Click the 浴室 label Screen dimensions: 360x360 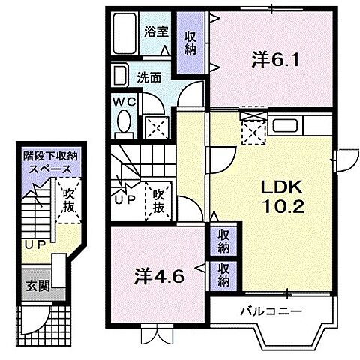pyautogui.click(x=156, y=32)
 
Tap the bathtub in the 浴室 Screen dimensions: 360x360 pyautogui.click(x=124, y=35)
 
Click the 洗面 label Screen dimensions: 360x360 pyautogui.click(x=149, y=76)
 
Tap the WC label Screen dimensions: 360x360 pyautogui.click(x=124, y=101)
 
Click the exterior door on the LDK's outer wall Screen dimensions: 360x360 pyautogui.click(x=343, y=158)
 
